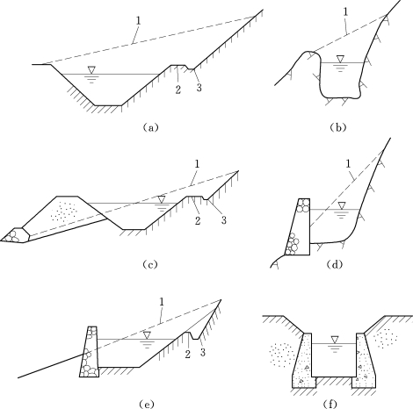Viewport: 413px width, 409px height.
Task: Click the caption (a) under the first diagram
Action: pyautogui.click(x=150, y=127)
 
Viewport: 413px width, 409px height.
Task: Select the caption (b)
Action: pyautogui.click(x=338, y=127)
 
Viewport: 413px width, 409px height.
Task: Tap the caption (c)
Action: pyautogui.click(x=150, y=264)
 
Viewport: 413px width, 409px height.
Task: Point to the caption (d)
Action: pyautogui.click(x=334, y=264)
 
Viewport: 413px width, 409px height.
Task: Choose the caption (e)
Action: pyautogui.click(x=147, y=405)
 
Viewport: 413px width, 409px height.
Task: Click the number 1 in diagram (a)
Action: pyautogui.click(x=138, y=20)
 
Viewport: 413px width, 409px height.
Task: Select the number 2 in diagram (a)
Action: pyautogui.click(x=178, y=90)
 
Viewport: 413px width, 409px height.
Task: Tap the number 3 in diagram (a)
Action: pyautogui.click(x=199, y=88)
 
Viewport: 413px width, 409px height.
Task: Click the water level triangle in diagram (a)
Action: pyautogui.click(x=92, y=70)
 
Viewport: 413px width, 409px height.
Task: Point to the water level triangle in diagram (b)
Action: pyautogui.click(x=340, y=59)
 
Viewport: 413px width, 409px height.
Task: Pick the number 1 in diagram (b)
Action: pyautogui.click(x=346, y=11)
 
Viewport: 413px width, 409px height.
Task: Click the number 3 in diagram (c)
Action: pyautogui.click(x=224, y=219)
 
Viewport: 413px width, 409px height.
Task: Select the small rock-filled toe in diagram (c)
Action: pyautogui.click(x=15, y=234)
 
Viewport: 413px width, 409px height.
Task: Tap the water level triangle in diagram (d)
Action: pyautogui.click(x=341, y=205)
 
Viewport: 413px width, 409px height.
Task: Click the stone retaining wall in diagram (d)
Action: pyautogui.click(x=298, y=227)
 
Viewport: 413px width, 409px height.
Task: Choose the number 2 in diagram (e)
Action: pyautogui.click(x=187, y=355)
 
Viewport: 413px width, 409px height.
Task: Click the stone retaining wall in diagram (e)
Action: pyautogui.click(x=90, y=352)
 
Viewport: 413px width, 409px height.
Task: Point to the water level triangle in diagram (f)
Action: pyautogui.click(x=334, y=340)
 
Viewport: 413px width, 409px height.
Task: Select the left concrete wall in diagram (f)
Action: pyautogui.click(x=304, y=361)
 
